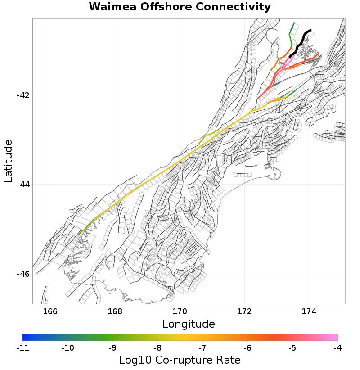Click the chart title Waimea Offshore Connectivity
pos(180,7)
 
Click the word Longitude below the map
pos(189,324)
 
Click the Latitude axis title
pos(8,161)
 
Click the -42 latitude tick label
pos(23,95)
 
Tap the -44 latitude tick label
pos(23,185)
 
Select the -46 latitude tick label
pos(23,274)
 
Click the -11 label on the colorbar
pos(22,347)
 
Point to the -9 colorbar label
pos(112,347)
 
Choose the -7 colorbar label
pos(202,347)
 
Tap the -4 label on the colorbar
pos(337,347)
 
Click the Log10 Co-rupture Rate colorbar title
pos(180,360)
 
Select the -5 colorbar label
pos(292,347)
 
